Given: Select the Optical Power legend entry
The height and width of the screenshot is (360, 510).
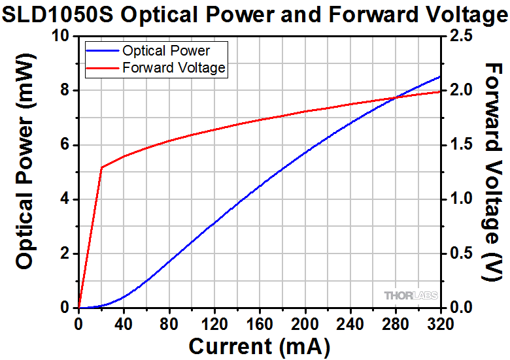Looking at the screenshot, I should [x=175, y=51].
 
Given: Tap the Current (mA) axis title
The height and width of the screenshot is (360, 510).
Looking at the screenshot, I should [x=259, y=344].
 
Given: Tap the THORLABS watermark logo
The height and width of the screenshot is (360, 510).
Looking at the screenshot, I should [x=411, y=296].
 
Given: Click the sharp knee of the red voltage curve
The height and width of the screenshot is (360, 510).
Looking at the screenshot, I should [x=101, y=168].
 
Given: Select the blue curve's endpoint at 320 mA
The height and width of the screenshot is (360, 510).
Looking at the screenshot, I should [x=440, y=76].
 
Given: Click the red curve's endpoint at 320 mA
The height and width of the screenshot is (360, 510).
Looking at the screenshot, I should [x=440, y=91].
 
